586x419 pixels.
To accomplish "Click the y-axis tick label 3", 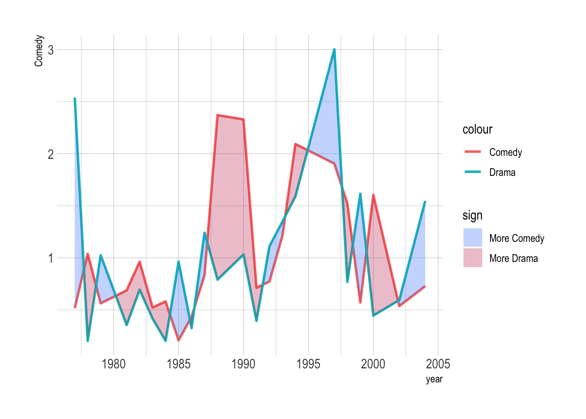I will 51,50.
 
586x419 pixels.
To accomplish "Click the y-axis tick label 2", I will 51,154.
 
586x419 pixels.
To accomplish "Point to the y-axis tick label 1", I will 51,258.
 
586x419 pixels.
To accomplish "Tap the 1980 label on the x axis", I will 113,364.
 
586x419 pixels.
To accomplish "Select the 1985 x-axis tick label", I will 178,364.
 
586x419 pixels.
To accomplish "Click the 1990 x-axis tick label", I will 243,364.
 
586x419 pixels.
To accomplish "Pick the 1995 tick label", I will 308,364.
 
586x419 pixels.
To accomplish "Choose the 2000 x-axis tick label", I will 373,364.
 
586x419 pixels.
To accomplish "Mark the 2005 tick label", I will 438,364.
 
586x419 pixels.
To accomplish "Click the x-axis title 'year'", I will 434,379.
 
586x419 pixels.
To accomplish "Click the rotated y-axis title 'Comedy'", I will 39,51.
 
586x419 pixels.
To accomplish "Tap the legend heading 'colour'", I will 477,130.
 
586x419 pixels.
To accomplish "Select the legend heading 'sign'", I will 472,216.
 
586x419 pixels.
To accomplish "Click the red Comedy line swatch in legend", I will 473,152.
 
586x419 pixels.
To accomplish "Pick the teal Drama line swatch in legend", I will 473,172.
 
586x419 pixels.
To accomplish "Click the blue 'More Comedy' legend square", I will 473,238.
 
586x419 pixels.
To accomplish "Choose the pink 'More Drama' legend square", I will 473,258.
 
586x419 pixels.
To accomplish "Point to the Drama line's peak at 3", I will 334,49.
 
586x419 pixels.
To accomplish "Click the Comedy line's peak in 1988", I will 218,115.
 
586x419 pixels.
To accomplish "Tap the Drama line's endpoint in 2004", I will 425,202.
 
